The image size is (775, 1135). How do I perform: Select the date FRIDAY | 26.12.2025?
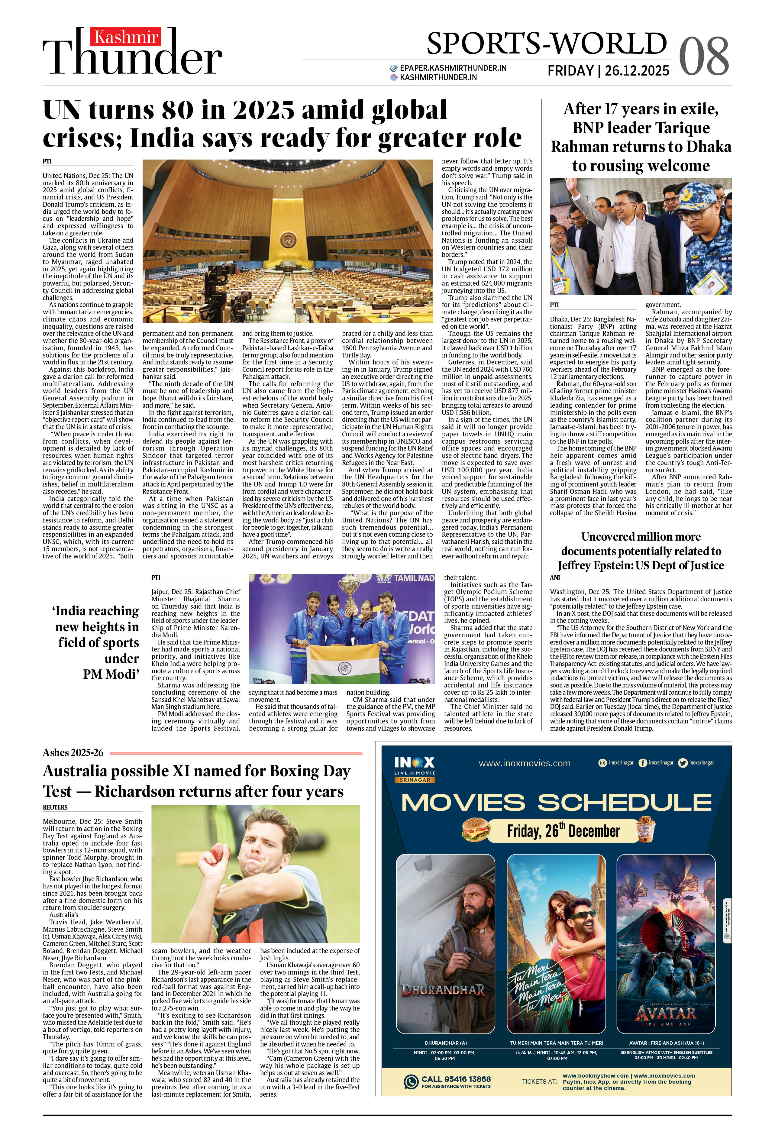tap(608, 71)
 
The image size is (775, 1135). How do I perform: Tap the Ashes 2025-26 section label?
tap(73, 753)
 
